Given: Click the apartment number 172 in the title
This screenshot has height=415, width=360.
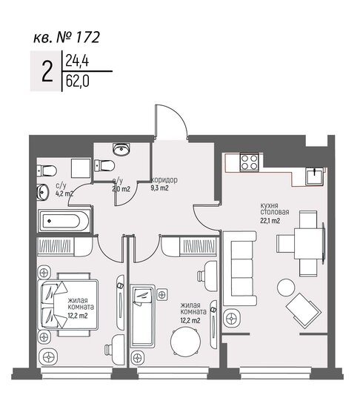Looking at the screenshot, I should coord(86,35).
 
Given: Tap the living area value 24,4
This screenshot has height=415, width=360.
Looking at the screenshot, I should coord(76,62).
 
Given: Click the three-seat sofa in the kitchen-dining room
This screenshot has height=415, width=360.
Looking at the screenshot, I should coord(240,263).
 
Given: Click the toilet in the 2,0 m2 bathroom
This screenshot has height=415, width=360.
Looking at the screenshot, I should coord(108,165).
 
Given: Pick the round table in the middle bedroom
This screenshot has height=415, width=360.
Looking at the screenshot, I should coord(184,342).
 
